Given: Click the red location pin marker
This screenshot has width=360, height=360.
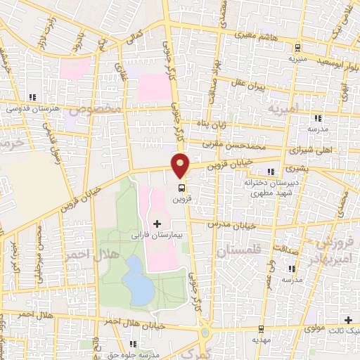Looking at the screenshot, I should (181, 165).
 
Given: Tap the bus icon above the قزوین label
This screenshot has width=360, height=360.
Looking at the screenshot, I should (182, 188).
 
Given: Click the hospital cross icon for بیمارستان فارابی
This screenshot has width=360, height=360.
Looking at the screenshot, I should (156, 224).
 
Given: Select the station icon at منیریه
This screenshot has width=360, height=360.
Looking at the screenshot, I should (299, 49).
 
